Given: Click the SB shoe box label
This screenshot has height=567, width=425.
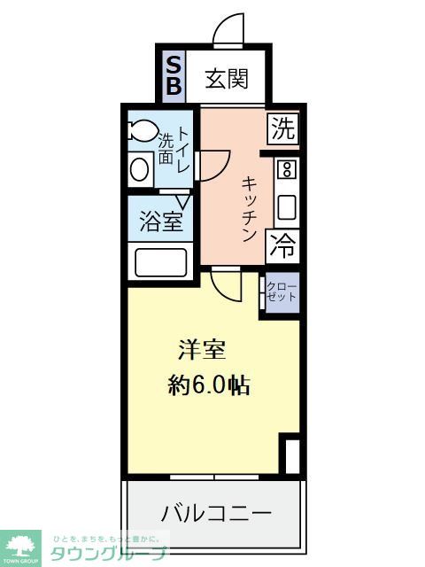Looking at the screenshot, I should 174,74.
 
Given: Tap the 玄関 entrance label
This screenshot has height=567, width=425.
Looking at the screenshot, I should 226,80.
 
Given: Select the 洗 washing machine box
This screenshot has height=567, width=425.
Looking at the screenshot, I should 282,129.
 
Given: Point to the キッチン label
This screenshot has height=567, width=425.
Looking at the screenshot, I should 250,208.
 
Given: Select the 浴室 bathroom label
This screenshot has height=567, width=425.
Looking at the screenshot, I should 161,221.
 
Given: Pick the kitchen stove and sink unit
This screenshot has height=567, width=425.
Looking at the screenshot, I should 286,190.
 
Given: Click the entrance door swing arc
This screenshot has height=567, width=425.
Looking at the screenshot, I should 229,29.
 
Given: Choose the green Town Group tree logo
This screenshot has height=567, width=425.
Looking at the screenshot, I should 19,547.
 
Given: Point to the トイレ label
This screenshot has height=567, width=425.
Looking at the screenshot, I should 184,149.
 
